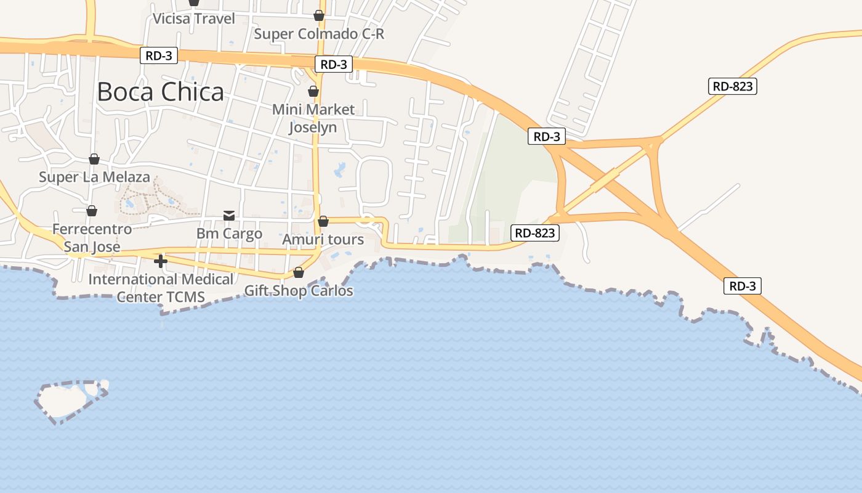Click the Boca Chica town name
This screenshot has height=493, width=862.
(x=160, y=92)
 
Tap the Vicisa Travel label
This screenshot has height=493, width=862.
(x=193, y=18)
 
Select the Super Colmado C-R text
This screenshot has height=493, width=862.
(x=319, y=34)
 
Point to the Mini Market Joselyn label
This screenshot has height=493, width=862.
(x=313, y=118)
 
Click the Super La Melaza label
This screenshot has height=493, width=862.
(x=94, y=177)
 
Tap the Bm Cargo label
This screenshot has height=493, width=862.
(x=229, y=234)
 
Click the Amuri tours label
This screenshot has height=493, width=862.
(x=323, y=239)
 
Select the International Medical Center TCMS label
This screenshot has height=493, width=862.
(x=161, y=288)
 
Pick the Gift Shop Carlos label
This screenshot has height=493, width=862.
(x=299, y=290)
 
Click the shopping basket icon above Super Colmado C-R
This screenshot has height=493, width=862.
(x=319, y=15)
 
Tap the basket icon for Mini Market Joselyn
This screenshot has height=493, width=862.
(x=313, y=92)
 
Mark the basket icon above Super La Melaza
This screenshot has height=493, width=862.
(x=94, y=160)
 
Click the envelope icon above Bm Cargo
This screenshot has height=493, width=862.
(x=229, y=215)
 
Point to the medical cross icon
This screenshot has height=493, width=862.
(x=161, y=261)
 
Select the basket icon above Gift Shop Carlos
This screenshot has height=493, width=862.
(x=299, y=272)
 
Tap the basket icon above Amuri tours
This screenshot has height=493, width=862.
(x=323, y=221)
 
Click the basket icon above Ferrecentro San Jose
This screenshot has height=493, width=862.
(x=92, y=211)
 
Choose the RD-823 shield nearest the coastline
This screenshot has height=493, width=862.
(x=535, y=233)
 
